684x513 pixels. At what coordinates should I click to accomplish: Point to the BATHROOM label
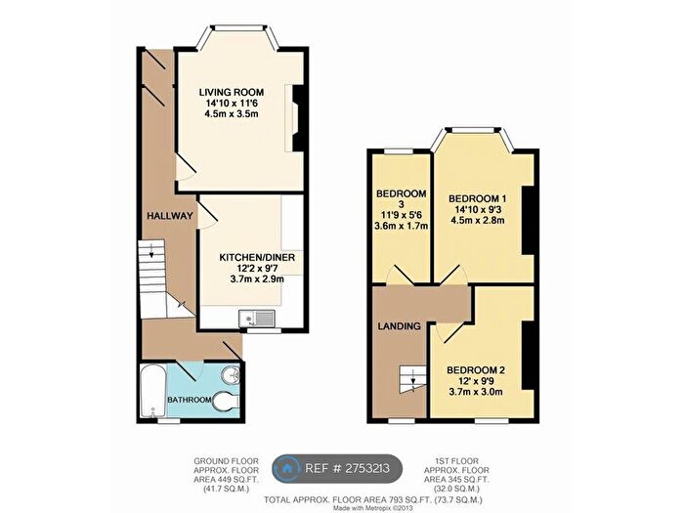click(x=188, y=400)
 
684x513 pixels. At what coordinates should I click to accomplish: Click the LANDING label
click(x=401, y=325)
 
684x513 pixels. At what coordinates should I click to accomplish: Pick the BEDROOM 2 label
click(x=477, y=370)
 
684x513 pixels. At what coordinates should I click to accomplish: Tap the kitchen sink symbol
click(x=259, y=317)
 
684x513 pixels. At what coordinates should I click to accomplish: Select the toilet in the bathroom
click(x=226, y=401)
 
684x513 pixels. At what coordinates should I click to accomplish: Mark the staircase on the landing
click(x=410, y=376)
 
